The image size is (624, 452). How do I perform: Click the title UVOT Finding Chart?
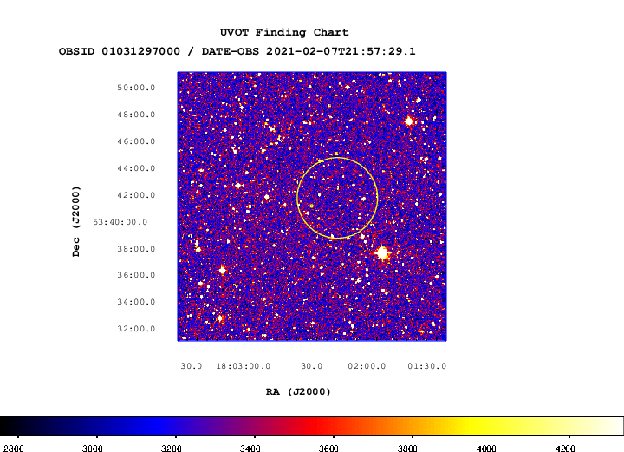(x=284, y=32)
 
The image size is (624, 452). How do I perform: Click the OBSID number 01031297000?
(x=141, y=51)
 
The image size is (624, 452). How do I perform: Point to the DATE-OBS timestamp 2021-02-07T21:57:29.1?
(x=341, y=51)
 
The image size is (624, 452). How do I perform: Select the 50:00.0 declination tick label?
(x=136, y=88)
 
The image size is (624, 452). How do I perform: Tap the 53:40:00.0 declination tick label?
(x=120, y=222)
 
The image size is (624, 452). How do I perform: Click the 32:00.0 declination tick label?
(x=136, y=329)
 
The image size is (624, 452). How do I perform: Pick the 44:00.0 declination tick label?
(x=136, y=168)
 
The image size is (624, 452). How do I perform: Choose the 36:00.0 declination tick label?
(x=136, y=275)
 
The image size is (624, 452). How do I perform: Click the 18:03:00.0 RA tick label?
(x=244, y=366)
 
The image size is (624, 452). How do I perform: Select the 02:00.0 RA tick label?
(x=367, y=366)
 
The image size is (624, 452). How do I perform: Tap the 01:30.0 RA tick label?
(x=427, y=366)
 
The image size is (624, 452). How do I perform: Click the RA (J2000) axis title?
(x=298, y=392)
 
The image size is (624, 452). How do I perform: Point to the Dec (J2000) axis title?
(x=76, y=221)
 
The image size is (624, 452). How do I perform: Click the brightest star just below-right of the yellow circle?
(x=382, y=252)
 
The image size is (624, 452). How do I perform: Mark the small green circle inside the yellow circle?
(x=312, y=206)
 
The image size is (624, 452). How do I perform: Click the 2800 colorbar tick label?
(x=14, y=449)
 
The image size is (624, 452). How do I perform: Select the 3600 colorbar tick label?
(x=328, y=449)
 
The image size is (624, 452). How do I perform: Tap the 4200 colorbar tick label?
(x=565, y=449)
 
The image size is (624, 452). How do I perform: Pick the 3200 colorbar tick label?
(x=171, y=449)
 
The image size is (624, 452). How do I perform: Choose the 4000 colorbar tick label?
(x=486, y=449)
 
